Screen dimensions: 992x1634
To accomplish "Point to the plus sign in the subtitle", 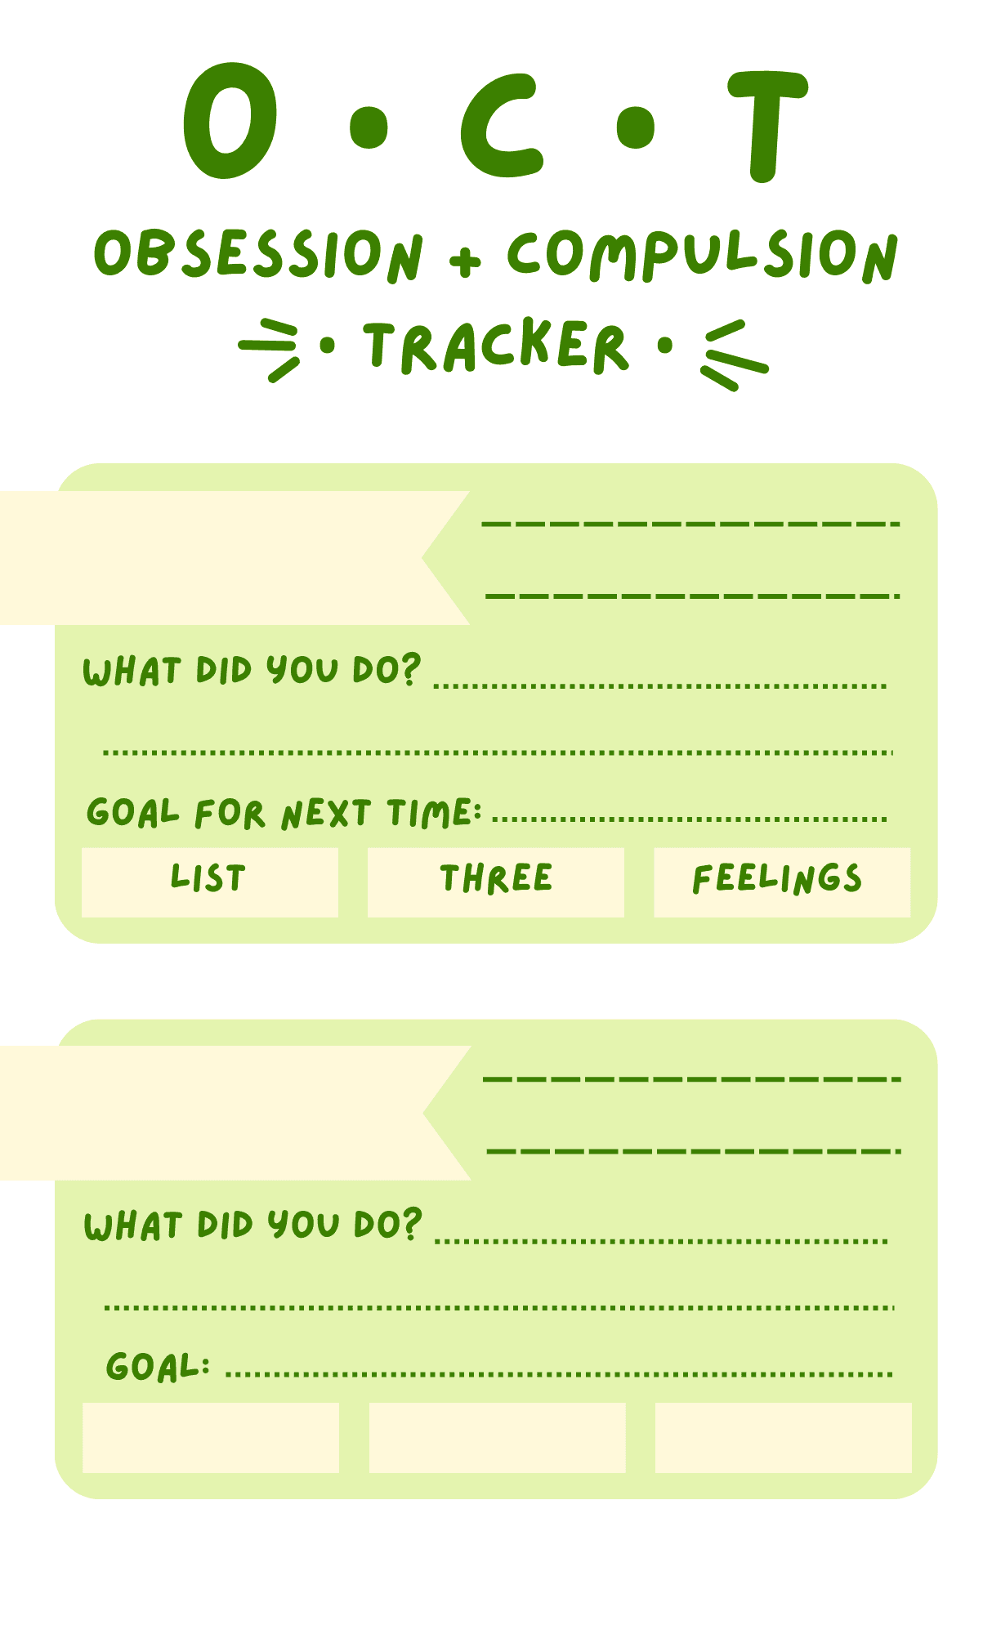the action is tap(465, 259).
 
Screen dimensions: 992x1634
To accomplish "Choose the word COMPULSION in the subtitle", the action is tap(702, 256).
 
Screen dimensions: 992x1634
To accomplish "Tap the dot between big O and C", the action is tap(369, 127).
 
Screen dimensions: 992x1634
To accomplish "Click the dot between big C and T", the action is tap(635, 127).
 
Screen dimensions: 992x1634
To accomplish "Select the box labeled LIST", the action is tap(209, 882).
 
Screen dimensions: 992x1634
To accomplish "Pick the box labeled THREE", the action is tap(495, 882).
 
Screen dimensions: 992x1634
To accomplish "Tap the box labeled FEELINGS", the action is tap(781, 882).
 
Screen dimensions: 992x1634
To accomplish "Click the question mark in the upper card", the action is tap(410, 668).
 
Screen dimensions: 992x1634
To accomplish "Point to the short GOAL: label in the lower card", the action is tap(158, 1366).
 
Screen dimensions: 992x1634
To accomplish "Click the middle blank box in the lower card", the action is tap(497, 1437).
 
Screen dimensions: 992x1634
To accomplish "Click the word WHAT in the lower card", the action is tap(132, 1226).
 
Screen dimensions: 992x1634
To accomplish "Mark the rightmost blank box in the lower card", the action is tap(783, 1437).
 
